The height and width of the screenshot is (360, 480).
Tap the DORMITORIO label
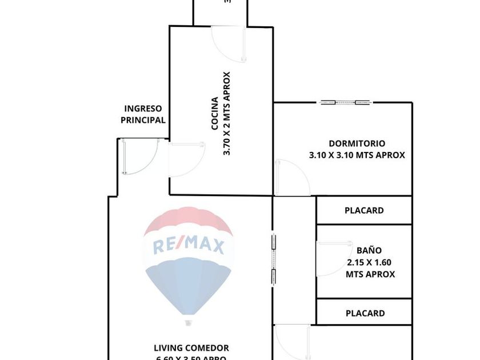coord(357,143)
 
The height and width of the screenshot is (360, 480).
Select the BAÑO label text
coord(369,250)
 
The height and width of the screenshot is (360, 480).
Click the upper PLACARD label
coord(364,210)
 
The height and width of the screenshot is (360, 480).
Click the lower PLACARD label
coord(365,313)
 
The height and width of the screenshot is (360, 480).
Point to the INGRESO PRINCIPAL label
coord(143,114)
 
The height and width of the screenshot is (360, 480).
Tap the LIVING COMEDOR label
coord(191,347)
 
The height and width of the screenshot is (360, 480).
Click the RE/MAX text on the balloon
coord(188,246)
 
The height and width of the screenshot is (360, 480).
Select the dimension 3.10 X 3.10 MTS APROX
coord(357,155)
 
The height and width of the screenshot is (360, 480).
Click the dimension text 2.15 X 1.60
coord(370,263)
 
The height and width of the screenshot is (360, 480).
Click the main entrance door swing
coord(138,157)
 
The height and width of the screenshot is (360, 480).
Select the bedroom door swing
coord(291,178)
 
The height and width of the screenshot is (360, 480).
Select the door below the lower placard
coord(291,342)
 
